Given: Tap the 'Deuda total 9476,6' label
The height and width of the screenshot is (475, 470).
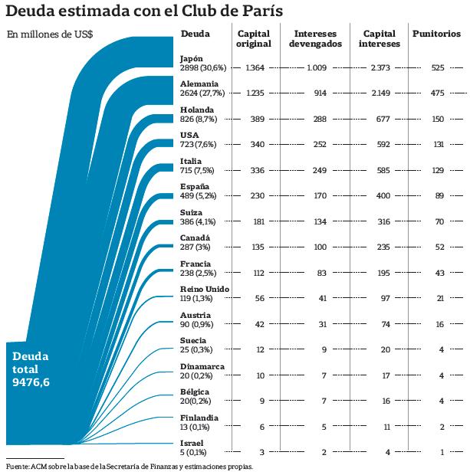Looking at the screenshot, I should tap(31, 369).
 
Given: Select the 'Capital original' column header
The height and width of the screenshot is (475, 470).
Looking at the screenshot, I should tap(254, 39).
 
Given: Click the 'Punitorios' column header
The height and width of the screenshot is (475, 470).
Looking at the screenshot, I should tap(436, 34).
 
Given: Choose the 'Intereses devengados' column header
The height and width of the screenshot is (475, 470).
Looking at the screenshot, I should tap(315, 39).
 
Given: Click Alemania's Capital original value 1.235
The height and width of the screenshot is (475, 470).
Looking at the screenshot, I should tap(255, 93).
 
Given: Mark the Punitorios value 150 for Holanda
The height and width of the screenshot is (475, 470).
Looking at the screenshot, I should tap(438, 120).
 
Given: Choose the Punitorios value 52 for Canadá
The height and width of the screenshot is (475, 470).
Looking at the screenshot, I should tap(439, 247).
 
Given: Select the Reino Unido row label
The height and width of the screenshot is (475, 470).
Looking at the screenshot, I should tap(205, 294).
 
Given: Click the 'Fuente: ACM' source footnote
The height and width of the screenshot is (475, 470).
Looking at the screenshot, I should tap(129, 466).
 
